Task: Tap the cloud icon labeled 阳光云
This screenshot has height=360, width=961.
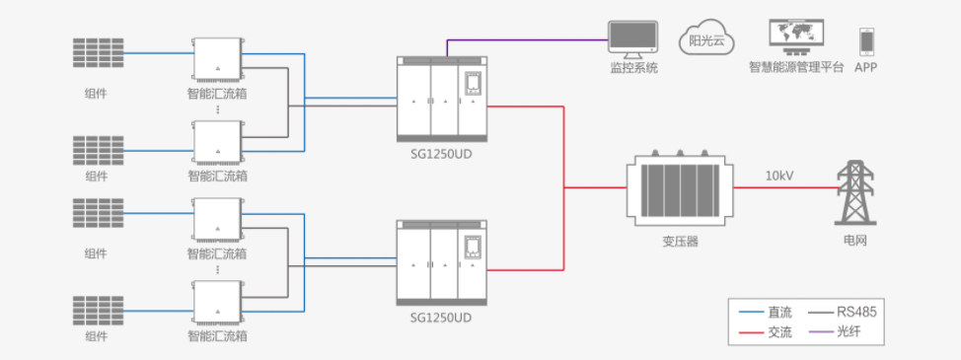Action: tap(706, 37)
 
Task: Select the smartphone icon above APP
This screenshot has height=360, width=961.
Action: tap(866, 41)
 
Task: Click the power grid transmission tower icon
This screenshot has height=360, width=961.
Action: tap(855, 192)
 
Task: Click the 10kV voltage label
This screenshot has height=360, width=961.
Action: tap(779, 177)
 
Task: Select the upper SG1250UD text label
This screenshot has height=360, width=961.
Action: tap(441, 154)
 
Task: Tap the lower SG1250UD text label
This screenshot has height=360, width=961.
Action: tap(441, 318)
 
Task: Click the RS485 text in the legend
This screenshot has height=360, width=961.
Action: tap(856, 313)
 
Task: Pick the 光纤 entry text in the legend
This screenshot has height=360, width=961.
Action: tap(849, 332)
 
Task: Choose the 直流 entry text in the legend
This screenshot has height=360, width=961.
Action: tap(779, 313)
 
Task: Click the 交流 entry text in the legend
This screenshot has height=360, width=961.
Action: tap(779, 332)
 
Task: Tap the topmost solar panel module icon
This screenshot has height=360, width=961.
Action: tap(99, 52)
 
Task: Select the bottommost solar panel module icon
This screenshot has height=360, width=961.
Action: tap(99, 311)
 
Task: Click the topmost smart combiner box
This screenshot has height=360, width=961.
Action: tap(218, 59)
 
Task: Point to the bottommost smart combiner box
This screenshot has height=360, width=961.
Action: tap(218, 303)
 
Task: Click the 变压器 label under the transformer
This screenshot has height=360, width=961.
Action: tap(681, 242)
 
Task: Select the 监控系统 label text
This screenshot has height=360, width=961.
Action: tap(633, 67)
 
